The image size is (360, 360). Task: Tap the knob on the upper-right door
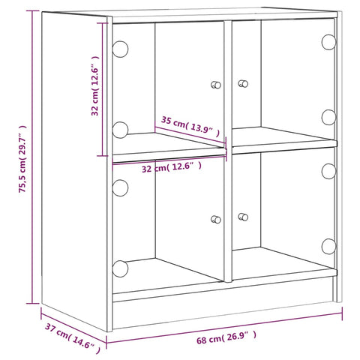[x=242, y=83]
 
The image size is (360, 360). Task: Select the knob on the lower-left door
[x=216, y=219]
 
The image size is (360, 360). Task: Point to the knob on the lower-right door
[x=242, y=217]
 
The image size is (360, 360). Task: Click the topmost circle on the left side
[x=120, y=50]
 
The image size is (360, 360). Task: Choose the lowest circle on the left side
[x=120, y=268]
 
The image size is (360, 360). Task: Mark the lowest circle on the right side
[x=328, y=246]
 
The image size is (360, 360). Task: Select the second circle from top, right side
[x=328, y=116]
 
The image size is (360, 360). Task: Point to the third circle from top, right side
[x=328, y=171]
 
